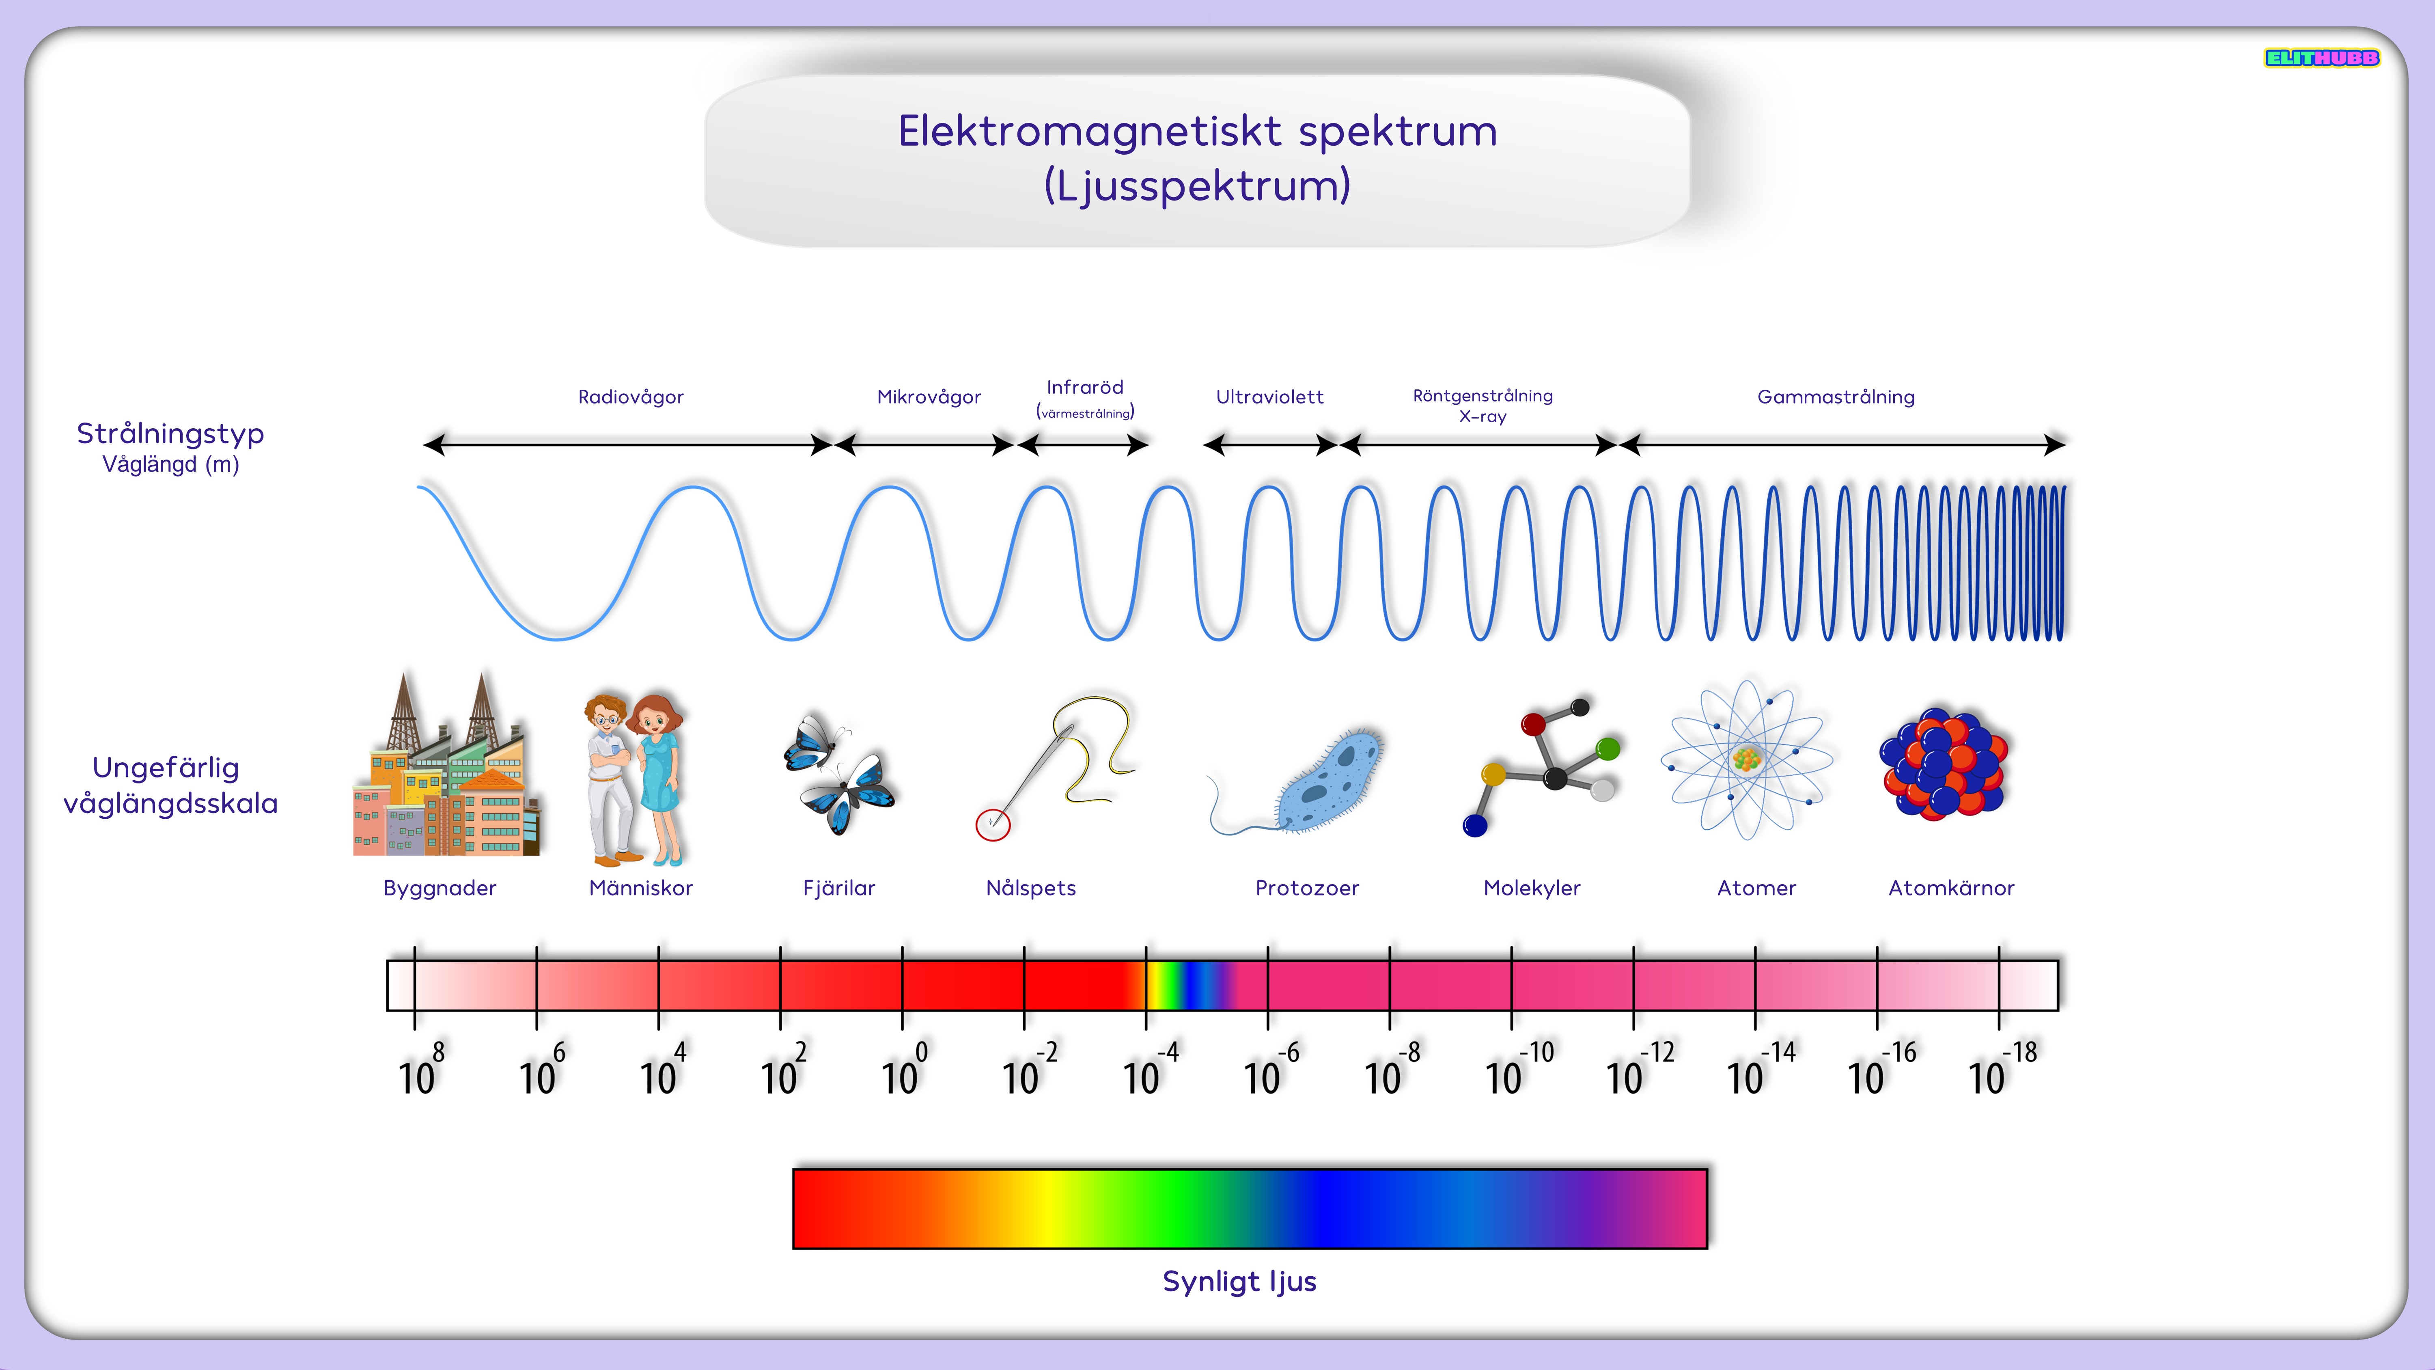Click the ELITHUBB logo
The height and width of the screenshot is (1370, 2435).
click(x=2321, y=58)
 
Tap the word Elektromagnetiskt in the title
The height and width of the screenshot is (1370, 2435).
click(x=1090, y=132)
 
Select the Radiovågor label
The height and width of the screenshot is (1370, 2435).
click(x=631, y=397)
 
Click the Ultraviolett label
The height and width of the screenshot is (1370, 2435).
click(x=1269, y=397)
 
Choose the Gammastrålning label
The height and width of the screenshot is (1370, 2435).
click(x=1836, y=397)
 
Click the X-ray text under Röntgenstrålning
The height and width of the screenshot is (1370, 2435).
click(x=1482, y=417)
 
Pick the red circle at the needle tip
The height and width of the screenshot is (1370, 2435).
click(x=993, y=824)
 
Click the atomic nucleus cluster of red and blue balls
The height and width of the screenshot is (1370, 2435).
click(x=1944, y=764)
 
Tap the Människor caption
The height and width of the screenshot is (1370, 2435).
click(x=641, y=888)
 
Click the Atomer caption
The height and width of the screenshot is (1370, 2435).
click(x=1756, y=888)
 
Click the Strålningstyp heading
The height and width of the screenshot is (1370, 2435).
click(x=170, y=434)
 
